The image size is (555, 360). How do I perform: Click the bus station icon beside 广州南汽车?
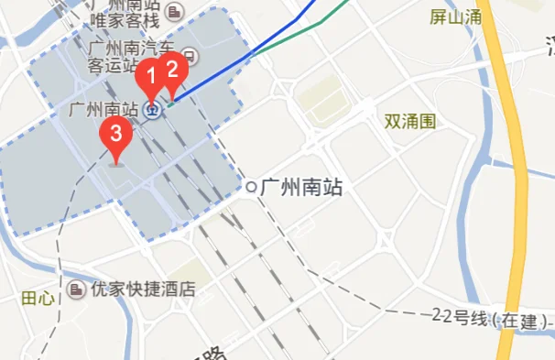click(x=190, y=55)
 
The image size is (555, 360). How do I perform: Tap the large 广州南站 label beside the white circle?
click(x=301, y=188)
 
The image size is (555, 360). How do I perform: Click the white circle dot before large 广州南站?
click(x=251, y=188)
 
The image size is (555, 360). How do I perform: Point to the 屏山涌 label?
click(x=455, y=16)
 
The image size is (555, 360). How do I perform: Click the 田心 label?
click(x=38, y=299)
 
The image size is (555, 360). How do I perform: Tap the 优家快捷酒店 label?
click(x=143, y=289)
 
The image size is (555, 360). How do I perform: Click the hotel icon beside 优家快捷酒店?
click(x=75, y=289)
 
